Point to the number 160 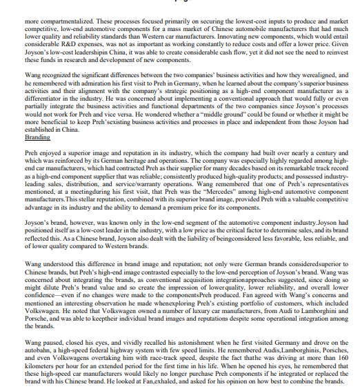330,357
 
